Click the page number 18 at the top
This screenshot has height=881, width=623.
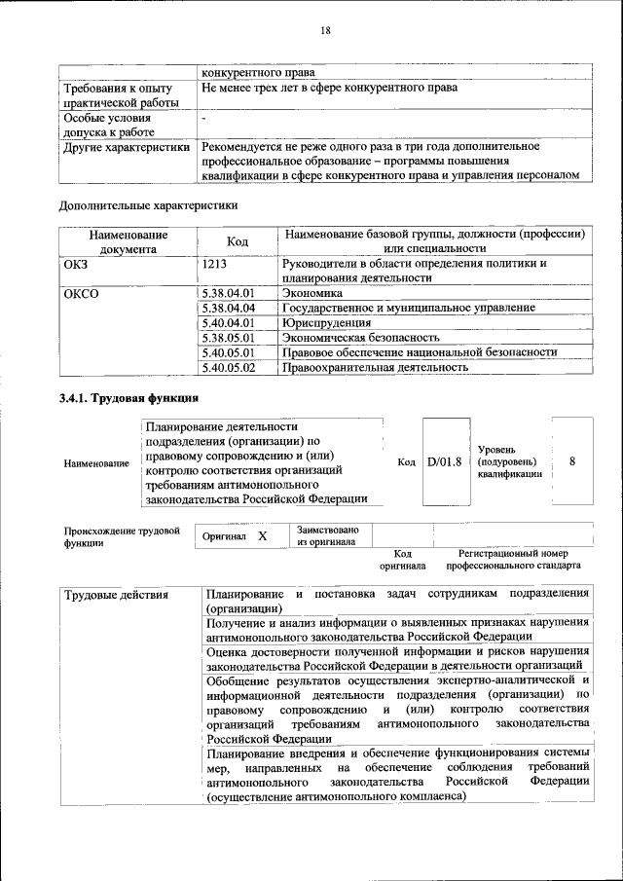325,31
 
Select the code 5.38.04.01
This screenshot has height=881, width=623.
228,292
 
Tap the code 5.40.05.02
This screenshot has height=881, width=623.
228,368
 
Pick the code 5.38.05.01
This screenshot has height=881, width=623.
228,338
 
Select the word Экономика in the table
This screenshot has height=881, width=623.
312,292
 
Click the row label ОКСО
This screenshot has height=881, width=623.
82,292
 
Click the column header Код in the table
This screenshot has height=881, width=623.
238,241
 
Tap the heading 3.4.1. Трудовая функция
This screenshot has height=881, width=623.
128,398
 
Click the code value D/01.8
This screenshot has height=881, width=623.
444,461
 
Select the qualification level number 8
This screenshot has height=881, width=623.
572,461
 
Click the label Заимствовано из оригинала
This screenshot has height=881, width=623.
327,536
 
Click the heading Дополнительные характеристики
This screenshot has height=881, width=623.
148,205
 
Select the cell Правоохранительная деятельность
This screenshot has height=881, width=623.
375,368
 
